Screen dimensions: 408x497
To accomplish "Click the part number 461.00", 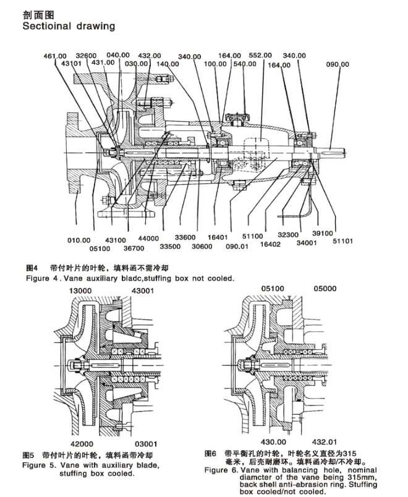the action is click(55, 56).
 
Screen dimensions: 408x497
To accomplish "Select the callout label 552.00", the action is click(260, 55).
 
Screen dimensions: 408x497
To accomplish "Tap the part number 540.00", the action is click(245, 64).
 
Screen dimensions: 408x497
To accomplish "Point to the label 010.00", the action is click(79, 240).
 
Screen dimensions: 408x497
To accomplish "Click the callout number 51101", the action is click(342, 241).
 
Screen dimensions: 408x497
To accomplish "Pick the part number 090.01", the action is click(237, 246).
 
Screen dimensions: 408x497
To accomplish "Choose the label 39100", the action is click(323, 233).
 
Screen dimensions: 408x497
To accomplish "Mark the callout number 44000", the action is click(148, 239).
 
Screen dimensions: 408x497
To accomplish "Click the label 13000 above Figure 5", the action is click(80, 291).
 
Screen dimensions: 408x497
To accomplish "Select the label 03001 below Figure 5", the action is click(146, 444).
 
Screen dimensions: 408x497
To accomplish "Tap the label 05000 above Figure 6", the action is click(325, 289).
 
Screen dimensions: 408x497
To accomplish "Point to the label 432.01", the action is click(325, 442).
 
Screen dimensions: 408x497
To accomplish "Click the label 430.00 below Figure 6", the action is click(274, 442).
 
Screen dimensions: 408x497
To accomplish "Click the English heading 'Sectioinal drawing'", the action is click(69, 26).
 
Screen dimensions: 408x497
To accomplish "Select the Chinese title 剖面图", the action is click(34, 15).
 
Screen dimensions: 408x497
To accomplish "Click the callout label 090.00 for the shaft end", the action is click(338, 64).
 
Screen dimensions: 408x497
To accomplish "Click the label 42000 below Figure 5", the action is click(82, 444).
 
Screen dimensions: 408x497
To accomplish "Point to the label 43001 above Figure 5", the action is click(143, 291).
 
